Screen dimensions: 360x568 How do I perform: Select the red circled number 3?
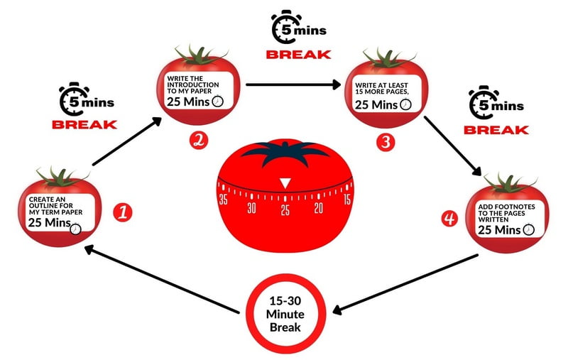pos(386,141)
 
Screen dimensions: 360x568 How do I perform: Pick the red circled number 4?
pos(448,219)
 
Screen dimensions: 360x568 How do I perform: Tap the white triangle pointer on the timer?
pos(285,183)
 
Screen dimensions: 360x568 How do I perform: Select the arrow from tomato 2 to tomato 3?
pos(292,84)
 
